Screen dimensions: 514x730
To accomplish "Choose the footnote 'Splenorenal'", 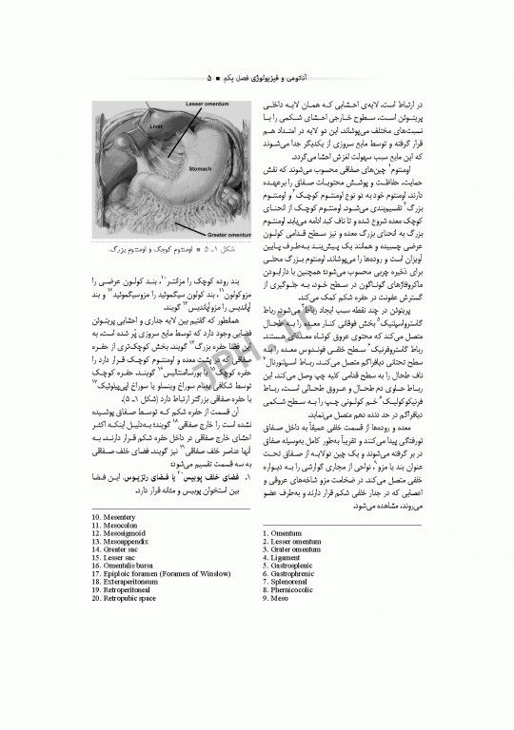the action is point(287,605).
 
